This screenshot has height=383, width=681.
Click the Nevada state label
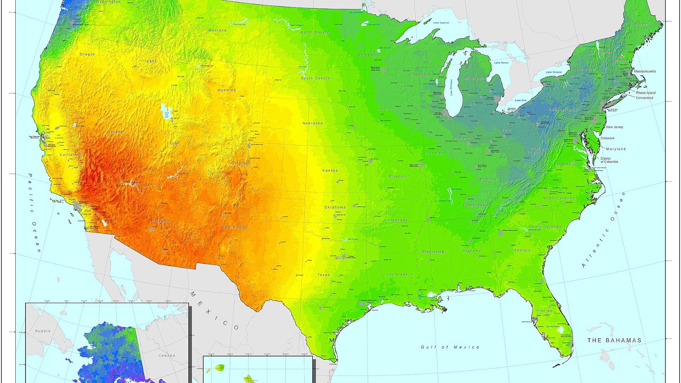[115, 132]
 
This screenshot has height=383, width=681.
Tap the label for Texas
[323, 275]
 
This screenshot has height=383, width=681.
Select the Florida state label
[544, 311]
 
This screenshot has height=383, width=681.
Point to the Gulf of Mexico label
[450, 347]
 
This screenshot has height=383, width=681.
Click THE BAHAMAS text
[614, 340]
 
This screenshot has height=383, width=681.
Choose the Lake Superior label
[441, 23]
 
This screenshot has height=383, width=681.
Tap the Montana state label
[217, 31]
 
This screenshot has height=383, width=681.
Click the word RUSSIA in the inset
[43, 331]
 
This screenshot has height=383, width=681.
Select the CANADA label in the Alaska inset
[167, 356]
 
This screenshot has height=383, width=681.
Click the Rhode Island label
[646, 93]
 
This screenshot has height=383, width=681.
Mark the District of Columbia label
[609, 160]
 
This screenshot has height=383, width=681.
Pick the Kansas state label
[330, 171]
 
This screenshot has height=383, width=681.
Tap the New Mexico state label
[235, 227]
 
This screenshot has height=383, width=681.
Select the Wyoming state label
[226, 90]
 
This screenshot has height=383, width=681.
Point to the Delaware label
[607, 138]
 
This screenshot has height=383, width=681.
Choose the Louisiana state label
[397, 275]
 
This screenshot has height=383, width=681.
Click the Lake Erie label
[520, 100]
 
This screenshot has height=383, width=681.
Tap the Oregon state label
[87, 54]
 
